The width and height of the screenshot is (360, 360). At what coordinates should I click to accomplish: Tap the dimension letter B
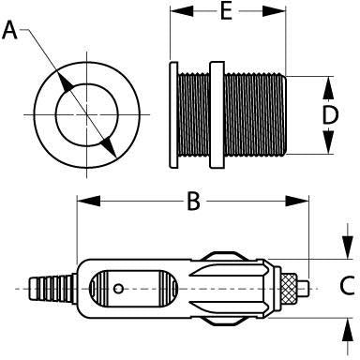pos(193,202)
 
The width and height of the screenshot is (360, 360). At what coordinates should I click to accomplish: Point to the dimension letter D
pos(330,116)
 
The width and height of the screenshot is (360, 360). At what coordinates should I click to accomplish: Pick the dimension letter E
pos(225,13)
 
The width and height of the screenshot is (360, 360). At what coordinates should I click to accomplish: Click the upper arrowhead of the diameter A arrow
pos(67,82)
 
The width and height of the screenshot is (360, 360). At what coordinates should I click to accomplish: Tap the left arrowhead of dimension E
pos(177,13)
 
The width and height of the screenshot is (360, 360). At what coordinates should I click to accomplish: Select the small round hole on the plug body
pos(118,290)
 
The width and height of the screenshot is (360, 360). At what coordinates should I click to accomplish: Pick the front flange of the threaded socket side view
pos(173,115)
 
